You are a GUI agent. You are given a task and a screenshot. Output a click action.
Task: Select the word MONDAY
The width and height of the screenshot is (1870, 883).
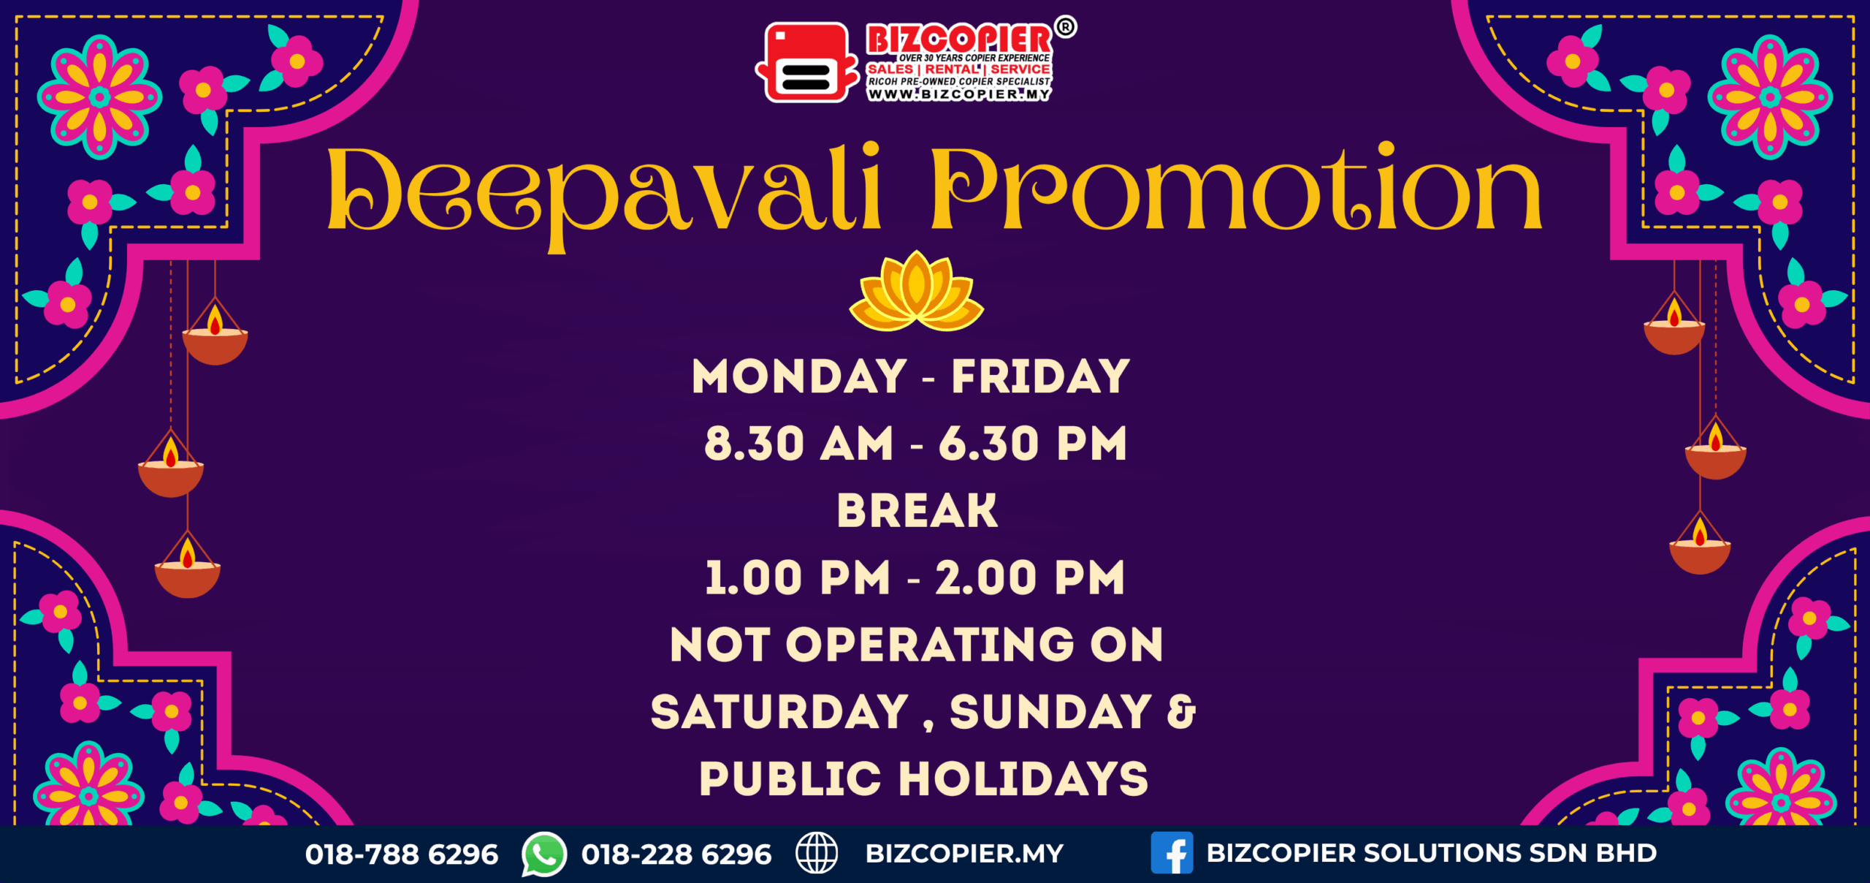[x=799, y=376]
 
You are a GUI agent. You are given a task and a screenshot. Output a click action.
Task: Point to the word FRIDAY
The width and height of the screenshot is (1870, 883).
[x=1041, y=376]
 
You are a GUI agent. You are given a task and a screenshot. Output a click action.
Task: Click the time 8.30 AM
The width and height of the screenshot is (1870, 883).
[x=799, y=444]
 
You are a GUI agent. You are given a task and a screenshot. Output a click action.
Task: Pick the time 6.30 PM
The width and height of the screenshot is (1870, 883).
[x=1033, y=444]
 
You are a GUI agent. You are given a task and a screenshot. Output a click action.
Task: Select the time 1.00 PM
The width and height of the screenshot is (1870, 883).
[x=798, y=577]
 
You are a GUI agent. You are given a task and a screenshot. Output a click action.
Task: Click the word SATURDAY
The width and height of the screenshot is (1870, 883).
[x=779, y=712]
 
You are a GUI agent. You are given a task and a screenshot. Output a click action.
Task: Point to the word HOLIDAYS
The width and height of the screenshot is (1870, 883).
[x=1023, y=778]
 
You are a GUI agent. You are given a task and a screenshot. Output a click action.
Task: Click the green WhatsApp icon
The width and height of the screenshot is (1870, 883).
[x=543, y=854]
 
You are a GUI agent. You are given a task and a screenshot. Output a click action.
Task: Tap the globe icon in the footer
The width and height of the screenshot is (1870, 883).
[x=817, y=853]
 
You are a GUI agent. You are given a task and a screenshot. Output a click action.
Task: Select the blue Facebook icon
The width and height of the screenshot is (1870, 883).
[x=1172, y=853]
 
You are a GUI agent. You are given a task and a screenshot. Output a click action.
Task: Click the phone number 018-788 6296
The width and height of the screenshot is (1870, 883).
[x=402, y=854]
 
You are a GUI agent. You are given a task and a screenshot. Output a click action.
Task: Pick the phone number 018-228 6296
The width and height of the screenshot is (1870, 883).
[x=676, y=854]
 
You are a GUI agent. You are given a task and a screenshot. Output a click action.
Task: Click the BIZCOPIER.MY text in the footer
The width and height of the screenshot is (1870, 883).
[x=964, y=853]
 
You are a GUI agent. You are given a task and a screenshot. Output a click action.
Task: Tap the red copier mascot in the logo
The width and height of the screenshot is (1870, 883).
[x=807, y=62]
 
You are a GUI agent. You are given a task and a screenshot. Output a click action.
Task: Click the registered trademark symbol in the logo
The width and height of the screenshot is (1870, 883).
[x=1066, y=27]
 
